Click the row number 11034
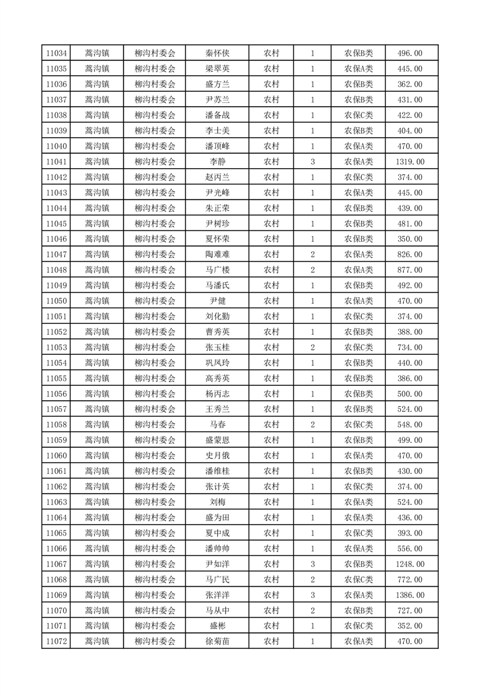pyautogui.click(x=56, y=53)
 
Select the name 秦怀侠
pyautogui.click(x=217, y=53)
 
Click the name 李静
pyautogui.click(x=217, y=162)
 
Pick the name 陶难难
pyautogui.click(x=217, y=254)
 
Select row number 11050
pyautogui.click(x=56, y=301)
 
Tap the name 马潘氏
pyautogui.click(x=217, y=285)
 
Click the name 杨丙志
pyautogui.click(x=217, y=394)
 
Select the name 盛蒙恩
pyautogui.click(x=217, y=440)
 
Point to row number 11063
pyautogui.click(x=56, y=502)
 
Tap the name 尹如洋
pyautogui.click(x=217, y=564)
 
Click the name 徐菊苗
pyautogui.click(x=217, y=641)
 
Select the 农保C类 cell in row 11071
pyautogui.click(x=359, y=626)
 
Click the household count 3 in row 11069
pyautogui.click(x=312, y=595)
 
